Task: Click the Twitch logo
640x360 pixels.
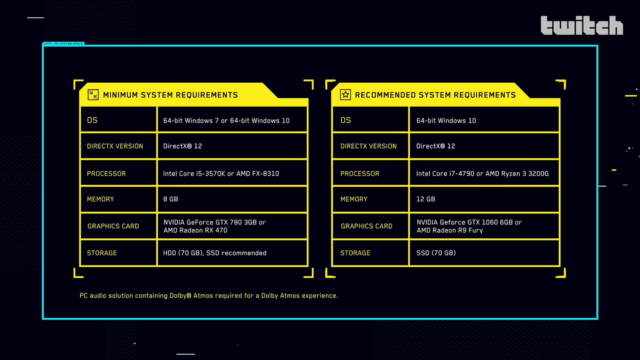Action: (x=582, y=25)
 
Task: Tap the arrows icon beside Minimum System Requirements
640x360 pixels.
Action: (x=93, y=95)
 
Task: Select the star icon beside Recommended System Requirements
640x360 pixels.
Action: (x=345, y=95)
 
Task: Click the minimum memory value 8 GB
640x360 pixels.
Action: (x=170, y=199)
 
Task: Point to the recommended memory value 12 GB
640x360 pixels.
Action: (x=425, y=199)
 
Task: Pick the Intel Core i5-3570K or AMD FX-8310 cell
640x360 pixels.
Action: (x=221, y=174)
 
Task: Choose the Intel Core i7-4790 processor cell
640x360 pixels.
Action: (x=482, y=174)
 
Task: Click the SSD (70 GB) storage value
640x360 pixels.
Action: (x=436, y=253)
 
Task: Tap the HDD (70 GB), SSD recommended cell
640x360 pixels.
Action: (x=214, y=253)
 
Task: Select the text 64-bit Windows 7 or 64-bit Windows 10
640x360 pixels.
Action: (x=226, y=121)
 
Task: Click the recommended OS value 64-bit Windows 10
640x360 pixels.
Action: (x=446, y=121)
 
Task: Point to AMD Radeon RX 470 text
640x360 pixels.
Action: (x=195, y=230)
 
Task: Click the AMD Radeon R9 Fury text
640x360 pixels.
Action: (x=449, y=230)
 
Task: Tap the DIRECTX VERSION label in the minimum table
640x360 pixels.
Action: (x=115, y=146)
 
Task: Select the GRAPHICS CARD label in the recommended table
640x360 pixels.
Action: (x=366, y=226)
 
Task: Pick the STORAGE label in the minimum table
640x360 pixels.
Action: (x=102, y=253)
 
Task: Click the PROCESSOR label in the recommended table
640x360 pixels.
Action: (x=360, y=174)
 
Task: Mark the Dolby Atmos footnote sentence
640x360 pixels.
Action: (x=208, y=296)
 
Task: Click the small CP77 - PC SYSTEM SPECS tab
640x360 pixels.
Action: (x=63, y=44)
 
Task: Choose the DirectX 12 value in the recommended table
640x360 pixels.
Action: (x=435, y=146)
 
